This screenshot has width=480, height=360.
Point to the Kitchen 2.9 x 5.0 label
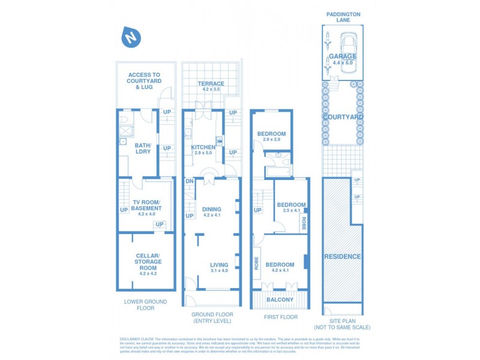click(203, 150)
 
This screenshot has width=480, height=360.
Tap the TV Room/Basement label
click(146, 205)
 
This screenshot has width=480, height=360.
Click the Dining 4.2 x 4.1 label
click(212, 212)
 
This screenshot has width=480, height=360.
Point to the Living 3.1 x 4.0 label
click(218, 268)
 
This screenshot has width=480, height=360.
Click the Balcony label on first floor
click(280, 299)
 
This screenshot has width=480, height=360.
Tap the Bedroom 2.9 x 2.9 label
click(271, 136)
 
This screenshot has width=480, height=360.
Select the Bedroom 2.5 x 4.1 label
click(288, 208)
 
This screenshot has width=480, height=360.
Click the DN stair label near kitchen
click(189, 181)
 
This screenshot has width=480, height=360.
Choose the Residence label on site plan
click(343, 256)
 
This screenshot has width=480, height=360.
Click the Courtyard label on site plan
click(343, 117)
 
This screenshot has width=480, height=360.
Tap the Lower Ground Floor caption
click(146, 305)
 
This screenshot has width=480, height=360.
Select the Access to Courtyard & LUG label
click(143, 81)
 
